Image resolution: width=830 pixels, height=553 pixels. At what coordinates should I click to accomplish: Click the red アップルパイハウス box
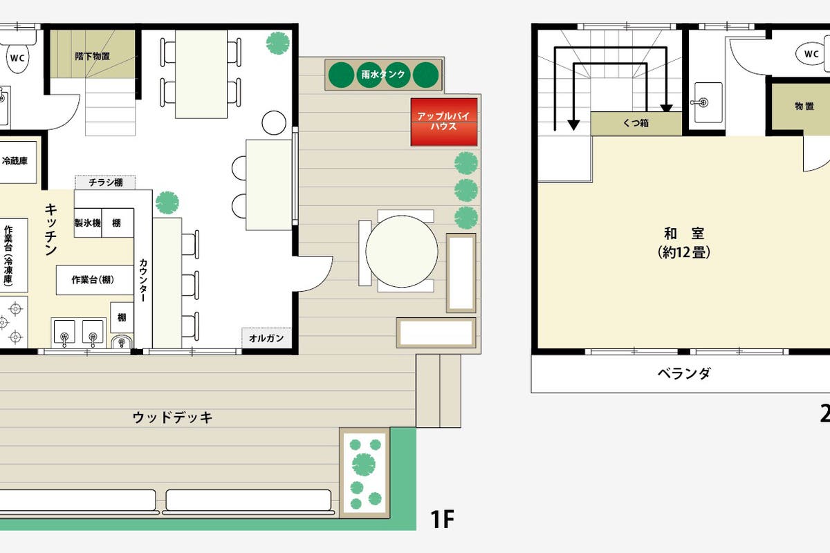click(444, 122)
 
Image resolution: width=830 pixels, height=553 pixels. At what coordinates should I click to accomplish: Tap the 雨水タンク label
click(383, 75)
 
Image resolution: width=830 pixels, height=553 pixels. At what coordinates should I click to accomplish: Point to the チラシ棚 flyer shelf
click(105, 182)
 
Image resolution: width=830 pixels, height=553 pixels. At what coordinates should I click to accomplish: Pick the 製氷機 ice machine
click(88, 223)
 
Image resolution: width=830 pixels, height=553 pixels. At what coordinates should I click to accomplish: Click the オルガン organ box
click(266, 338)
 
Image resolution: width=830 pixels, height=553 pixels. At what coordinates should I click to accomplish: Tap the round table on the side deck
click(402, 251)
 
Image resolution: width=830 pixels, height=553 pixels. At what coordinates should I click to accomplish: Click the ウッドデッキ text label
click(173, 417)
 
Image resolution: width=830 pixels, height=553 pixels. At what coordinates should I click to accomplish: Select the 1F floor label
click(442, 519)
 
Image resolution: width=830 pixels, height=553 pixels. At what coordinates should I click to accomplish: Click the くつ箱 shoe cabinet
click(636, 123)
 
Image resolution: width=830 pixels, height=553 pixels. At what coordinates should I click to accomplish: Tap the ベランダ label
click(684, 373)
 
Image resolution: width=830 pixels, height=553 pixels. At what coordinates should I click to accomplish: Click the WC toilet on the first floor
click(17, 58)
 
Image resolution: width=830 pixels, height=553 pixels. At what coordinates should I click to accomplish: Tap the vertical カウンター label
click(143, 280)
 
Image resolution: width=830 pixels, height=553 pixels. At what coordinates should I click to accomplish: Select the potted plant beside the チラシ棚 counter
click(167, 203)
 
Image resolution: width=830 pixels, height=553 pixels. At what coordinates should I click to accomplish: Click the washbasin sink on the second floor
click(708, 102)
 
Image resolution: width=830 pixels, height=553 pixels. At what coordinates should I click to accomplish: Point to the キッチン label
click(50, 229)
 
